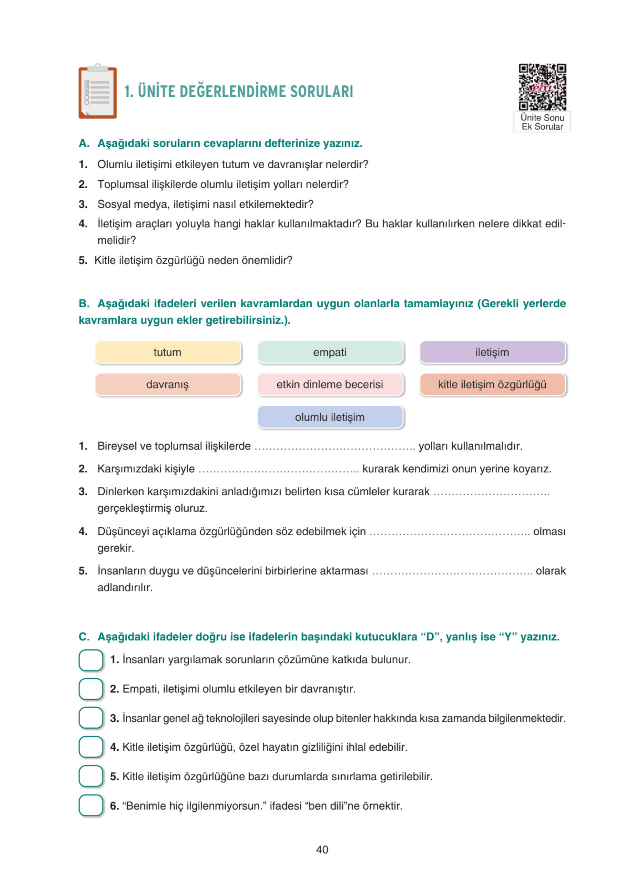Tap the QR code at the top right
pos(542,87)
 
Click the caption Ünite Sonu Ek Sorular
pos(542,122)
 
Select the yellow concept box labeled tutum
pos(168,352)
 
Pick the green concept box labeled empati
pos(330,352)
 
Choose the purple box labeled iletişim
pos(492,352)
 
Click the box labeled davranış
pos(168,384)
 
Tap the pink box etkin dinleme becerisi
pos(330,384)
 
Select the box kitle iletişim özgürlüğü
pos(492,384)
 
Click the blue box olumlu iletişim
pos(330,417)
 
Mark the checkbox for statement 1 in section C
pos(91,660)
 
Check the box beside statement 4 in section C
pos(91,747)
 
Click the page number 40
pos(322,850)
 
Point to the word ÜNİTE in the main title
pos(156,91)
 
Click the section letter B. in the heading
pos(84,303)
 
